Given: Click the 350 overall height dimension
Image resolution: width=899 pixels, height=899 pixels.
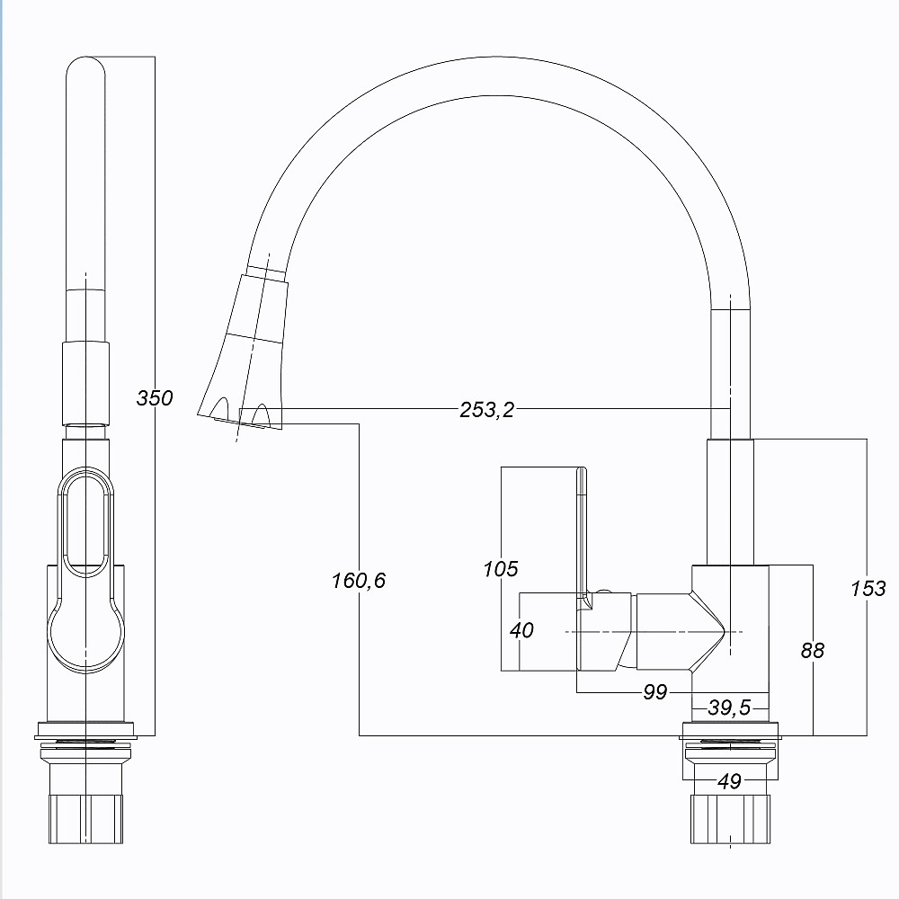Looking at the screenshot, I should (154, 396).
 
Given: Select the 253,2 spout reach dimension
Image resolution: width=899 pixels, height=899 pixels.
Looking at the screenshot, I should (486, 410).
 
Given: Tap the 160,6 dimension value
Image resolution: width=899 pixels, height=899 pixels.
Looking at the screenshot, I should (358, 581).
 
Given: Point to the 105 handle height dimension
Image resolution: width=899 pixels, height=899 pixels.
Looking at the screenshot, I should (501, 568).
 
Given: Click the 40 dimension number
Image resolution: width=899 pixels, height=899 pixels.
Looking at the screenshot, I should (521, 630).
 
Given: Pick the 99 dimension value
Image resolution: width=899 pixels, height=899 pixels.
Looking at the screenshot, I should (655, 691).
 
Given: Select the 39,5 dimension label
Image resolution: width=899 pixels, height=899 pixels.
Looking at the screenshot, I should (729, 708).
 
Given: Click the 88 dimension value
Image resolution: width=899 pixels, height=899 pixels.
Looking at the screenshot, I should (812, 650).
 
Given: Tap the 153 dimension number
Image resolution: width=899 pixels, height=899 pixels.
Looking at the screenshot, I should (868, 589).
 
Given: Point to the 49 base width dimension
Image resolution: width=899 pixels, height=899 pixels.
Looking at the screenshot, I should (730, 781).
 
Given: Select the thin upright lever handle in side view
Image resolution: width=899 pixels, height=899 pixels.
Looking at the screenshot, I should (582, 530).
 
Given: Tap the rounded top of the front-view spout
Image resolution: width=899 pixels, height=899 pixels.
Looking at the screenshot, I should (85, 72).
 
